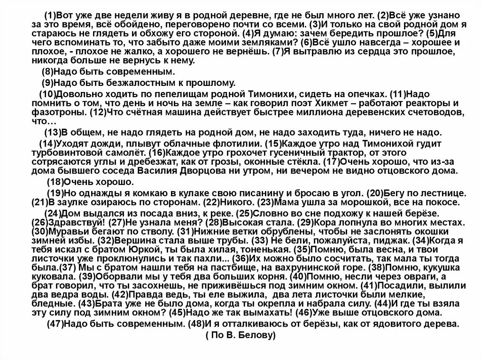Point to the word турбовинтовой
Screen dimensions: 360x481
coord(59,153)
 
